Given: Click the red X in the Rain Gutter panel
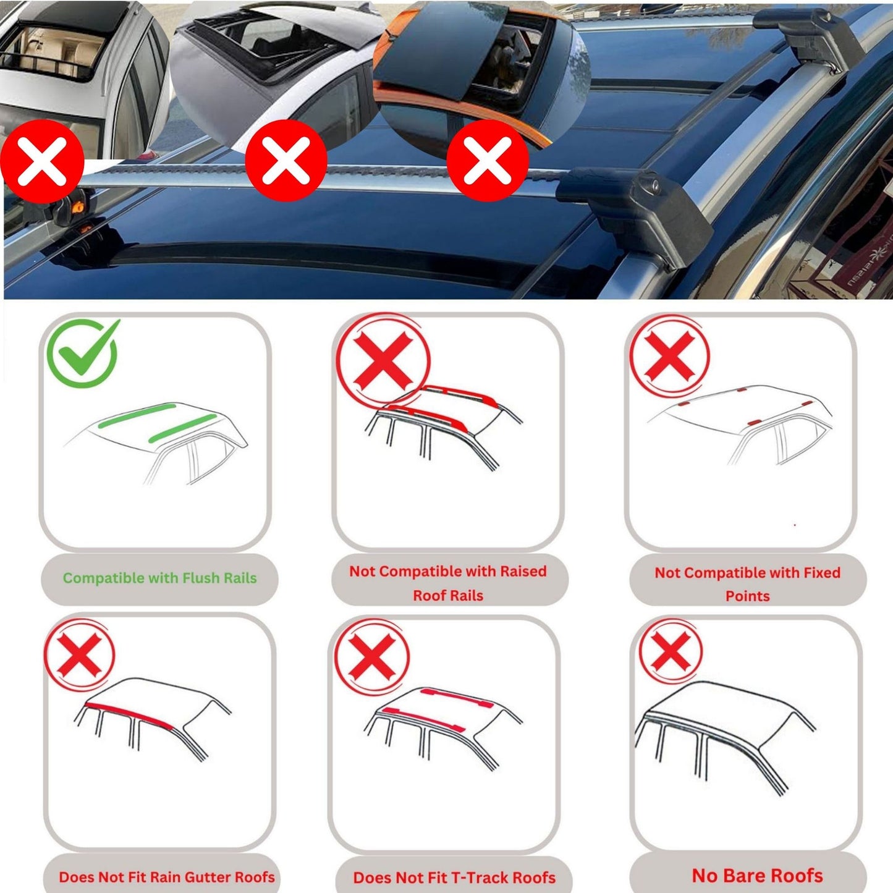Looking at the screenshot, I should pyautogui.click(x=80, y=654).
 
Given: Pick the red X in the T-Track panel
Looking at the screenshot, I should pyautogui.click(x=371, y=656).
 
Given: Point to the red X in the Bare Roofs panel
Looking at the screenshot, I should pyautogui.click(x=671, y=652).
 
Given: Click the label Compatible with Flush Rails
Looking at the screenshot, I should pyautogui.click(x=159, y=578).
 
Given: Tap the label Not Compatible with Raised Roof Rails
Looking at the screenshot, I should pyautogui.click(x=448, y=583).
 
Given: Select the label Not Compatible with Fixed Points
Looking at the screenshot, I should pyautogui.click(x=747, y=583).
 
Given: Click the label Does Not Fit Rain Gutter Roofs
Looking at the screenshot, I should pyautogui.click(x=166, y=877).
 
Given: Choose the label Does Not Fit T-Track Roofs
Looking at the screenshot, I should pyautogui.click(x=454, y=878).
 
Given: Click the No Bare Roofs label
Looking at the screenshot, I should pyautogui.click(x=757, y=876).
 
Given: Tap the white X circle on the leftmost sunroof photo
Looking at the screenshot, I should pyautogui.click(x=42, y=162).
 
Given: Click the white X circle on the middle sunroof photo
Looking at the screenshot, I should pyautogui.click(x=286, y=161).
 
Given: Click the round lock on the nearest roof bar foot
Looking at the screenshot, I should pyautogui.click(x=651, y=185).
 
